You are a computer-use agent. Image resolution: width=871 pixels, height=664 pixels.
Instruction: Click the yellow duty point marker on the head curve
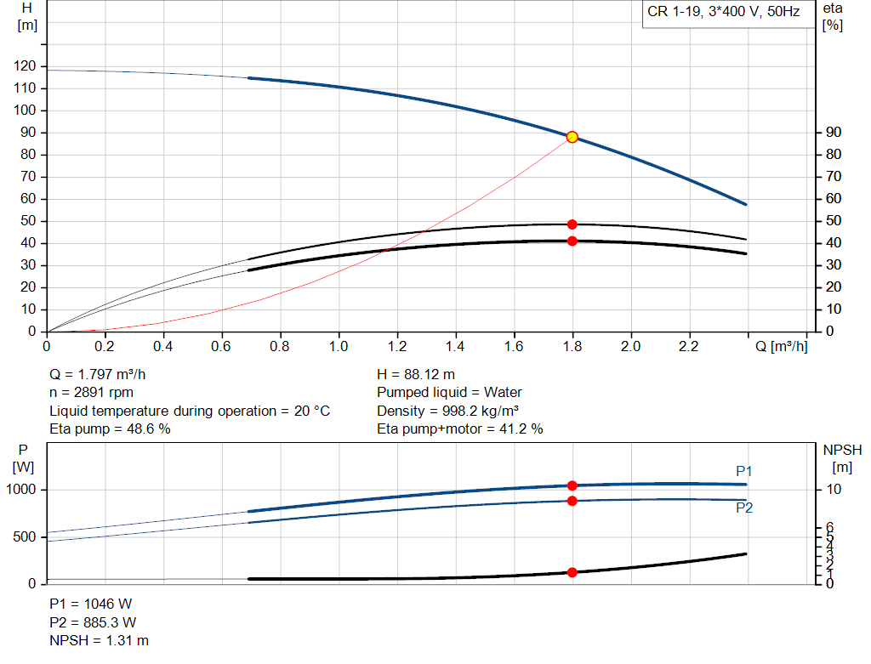coord(572,137)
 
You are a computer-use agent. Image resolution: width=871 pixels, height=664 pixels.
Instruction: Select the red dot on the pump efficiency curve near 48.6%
coord(572,224)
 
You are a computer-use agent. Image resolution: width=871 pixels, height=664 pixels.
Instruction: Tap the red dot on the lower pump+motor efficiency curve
coord(572,241)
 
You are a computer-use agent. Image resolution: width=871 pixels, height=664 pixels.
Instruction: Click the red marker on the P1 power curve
coord(572,485)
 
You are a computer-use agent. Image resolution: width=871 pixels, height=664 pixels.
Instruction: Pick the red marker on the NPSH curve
coord(572,572)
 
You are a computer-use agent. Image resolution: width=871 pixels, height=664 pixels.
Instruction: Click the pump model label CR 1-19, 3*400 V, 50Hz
coord(724,13)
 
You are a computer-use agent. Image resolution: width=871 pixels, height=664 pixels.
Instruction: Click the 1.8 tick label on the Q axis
coord(572,347)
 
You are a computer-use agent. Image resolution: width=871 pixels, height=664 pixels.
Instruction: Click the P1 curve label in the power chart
coord(744,471)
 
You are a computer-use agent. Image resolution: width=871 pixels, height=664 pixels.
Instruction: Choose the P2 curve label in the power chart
coord(744,508)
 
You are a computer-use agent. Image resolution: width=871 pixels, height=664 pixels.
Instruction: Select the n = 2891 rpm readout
coord(92,393)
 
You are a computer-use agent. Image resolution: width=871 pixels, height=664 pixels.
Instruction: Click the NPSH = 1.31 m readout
coord(100,640)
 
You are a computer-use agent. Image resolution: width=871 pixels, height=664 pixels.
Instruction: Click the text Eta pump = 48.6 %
coord(111,429)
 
